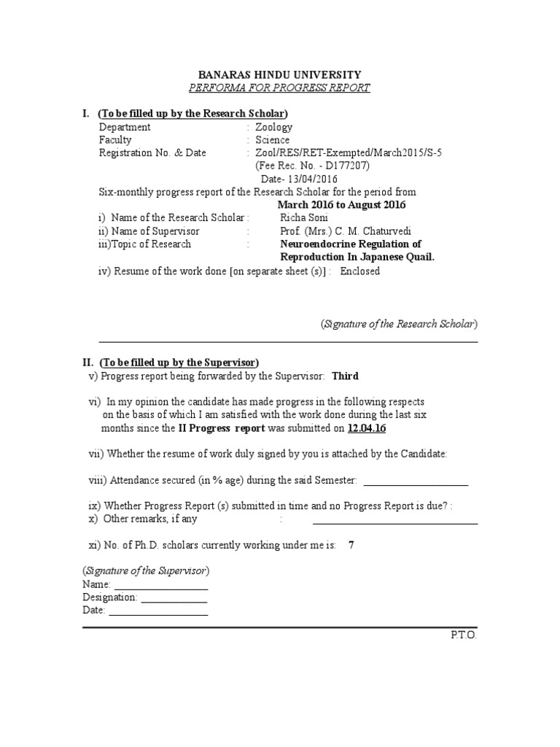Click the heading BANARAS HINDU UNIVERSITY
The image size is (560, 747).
[280, 75]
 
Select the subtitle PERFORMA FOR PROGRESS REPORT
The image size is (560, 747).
[280, 88]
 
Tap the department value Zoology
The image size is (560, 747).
[273, 127]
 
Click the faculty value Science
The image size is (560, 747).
[272, 140]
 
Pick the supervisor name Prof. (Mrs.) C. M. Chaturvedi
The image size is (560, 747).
[341, 231]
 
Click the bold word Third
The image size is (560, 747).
[345, 376]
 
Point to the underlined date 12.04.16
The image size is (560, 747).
[367, 428]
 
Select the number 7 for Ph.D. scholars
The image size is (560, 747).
[351, 545]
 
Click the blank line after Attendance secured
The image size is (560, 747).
[415, 484]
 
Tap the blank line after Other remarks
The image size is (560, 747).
[395, 522]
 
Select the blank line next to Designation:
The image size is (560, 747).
[174, 600]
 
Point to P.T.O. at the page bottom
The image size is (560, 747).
[463, 635]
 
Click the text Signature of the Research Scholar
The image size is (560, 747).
[400, 324]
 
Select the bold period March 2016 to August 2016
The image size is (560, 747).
[342, 205]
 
